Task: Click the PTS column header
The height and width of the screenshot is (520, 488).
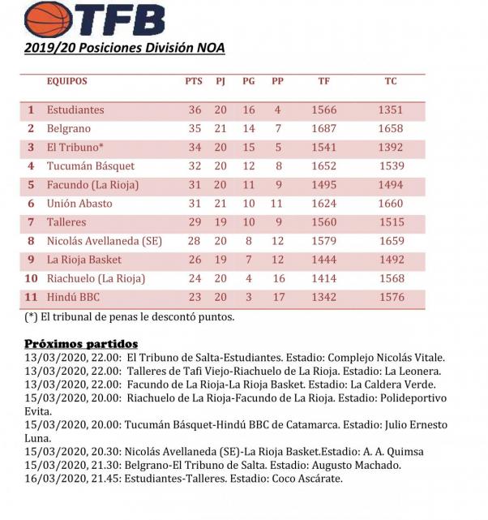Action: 194,81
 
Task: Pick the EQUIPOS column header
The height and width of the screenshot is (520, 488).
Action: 66,81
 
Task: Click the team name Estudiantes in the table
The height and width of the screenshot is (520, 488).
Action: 75,110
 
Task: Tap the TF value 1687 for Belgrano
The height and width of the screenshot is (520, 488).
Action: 324,128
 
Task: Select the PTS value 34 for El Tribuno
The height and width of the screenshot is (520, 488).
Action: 195,147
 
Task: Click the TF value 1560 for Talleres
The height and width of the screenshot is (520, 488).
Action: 324,222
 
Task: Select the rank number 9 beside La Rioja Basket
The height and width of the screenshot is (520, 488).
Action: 32,260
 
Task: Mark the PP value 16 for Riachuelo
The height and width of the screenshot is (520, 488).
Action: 277,278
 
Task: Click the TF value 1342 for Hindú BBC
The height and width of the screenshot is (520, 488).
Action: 324,297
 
